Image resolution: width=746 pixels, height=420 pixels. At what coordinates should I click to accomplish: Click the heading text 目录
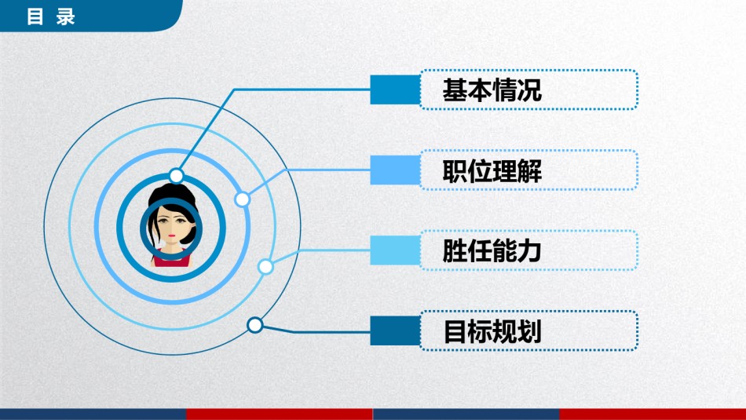50,16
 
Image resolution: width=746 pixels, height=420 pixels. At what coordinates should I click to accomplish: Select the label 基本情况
492,90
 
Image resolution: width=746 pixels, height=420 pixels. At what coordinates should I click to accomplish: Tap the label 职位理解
492,171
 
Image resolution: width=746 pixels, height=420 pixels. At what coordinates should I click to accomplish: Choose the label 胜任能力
492,252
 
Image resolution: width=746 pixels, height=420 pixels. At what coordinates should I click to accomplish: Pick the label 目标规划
492,332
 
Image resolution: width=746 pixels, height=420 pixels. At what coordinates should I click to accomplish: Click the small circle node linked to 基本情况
177,175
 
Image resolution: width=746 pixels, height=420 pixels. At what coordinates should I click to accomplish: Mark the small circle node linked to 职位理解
243,199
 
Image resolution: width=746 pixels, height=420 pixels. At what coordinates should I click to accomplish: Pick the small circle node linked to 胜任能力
265,267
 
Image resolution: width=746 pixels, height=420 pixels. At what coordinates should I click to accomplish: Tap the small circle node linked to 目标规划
254,324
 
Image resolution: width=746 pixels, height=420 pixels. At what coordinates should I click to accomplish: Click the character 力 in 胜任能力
529,252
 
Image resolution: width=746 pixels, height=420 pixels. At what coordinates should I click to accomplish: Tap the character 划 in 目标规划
529,332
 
